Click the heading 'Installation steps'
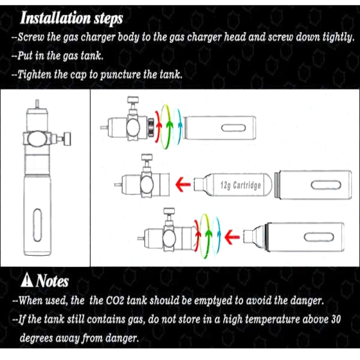click(x=72, y=18)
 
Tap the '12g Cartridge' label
click(x=241, y=185)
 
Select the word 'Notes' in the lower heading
click(x=52, y=281)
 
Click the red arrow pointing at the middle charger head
click(x=183, y=184)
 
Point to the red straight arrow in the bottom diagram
click(x=232, y=237)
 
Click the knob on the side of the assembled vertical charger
click(x=67, y=139)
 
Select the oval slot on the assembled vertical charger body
click(x=37, y=225)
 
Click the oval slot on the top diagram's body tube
click(x=233, y=128)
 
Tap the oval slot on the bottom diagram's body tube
click(x=319, y=238)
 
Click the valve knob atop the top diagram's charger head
click(x=133, y=100)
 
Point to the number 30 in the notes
click(x=336, y=319)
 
